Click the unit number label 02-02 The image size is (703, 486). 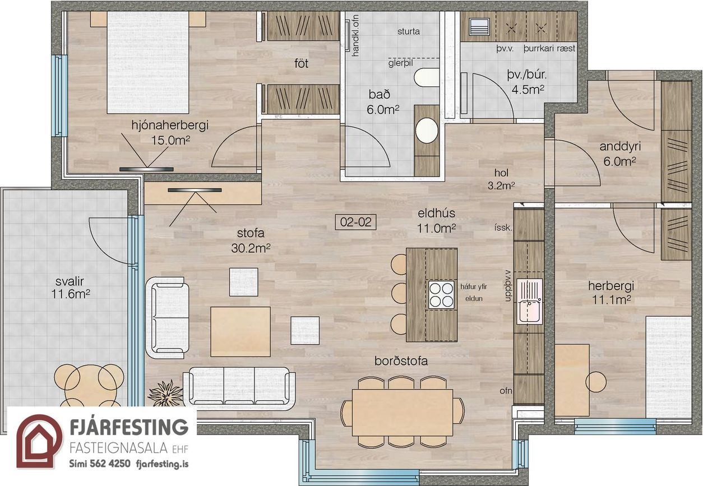(356, 222)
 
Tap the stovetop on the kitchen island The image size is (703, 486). (441, 294)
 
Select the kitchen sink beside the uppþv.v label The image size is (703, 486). (530, 302)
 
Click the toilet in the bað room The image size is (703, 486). (427, 77)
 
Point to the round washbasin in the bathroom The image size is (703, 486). (427, 130)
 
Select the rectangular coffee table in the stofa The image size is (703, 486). (240, 331)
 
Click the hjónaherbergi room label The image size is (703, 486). (169, 125)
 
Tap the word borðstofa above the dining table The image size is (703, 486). (401, 361)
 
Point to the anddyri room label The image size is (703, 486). (619, 147)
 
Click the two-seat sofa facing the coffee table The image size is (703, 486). (168, 317)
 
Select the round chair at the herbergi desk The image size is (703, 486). (596, 382)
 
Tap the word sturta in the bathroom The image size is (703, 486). (408, 31)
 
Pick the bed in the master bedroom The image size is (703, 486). (148, 61)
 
